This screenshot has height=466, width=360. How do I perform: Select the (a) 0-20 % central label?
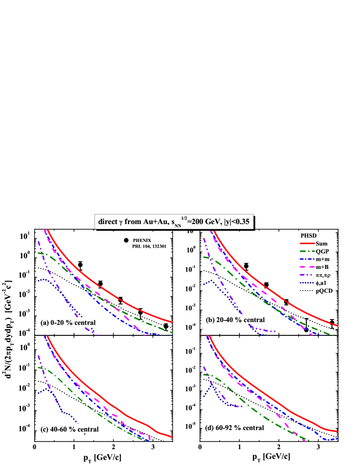(x=69, y=323)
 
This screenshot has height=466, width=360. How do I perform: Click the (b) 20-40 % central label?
(x=235, y=320)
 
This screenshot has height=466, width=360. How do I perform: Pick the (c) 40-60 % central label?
(x=70, y=429)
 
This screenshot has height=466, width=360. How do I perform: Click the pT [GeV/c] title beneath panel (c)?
(x=102, y=456)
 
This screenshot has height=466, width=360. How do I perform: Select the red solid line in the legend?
(x=307, y=243)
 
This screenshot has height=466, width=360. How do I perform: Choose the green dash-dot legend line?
(x=307, y=251)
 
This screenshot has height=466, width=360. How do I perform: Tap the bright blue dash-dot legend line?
(x=307, y=259)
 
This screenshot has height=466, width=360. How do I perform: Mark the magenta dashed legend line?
(x=307, y=267)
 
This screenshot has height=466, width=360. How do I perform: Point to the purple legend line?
(x=307, y=275)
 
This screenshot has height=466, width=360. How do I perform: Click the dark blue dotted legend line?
(x=307, y=282)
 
